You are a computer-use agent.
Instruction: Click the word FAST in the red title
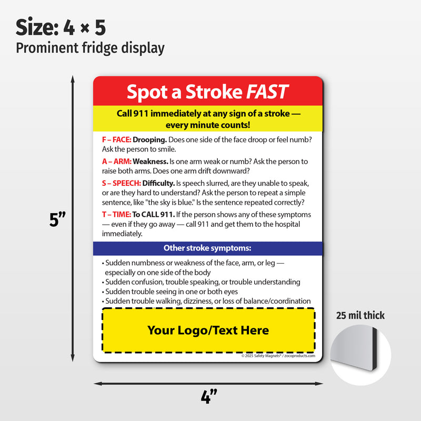coord(267,92)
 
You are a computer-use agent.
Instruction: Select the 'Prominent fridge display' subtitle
coord(90,48)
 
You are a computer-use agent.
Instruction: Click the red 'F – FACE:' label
coord(116,139)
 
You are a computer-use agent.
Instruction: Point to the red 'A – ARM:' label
coord(117,162)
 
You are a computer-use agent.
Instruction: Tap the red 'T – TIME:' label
coord(116,215)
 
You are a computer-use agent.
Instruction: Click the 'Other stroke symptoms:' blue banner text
coord(207,248)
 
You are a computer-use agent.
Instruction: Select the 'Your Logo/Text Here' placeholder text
coord(208,330)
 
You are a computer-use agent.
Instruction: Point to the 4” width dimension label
coord(209,396)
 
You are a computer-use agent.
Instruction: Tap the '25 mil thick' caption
coord(360,316)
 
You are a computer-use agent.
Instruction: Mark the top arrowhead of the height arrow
coord(73,78)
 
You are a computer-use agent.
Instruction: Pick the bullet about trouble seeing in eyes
coord(171,291)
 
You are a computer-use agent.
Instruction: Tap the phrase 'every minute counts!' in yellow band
coord(207,125)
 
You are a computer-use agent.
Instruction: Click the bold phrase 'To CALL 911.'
coord(153,215)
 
